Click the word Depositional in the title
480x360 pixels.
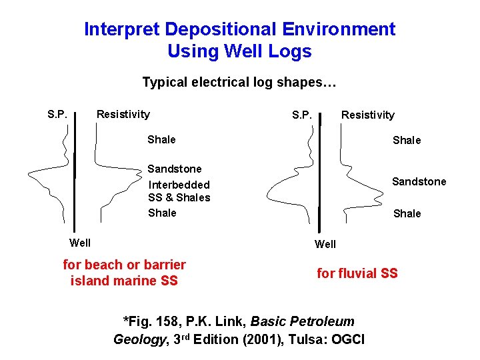[x=221, y=29]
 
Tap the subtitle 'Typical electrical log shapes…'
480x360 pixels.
[x=239, y=83]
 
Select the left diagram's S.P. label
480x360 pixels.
[x=57, y=114]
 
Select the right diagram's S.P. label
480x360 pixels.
[x=302, y=115]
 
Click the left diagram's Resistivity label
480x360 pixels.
[x=123, y=114]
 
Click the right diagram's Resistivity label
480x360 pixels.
[x=368, y=115]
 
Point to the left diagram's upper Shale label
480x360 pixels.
[x=161, y=139]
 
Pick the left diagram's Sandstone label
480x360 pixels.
[x=174, y=169]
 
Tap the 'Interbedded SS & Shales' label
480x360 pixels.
[x=179, y=191]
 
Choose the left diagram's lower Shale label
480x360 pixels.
[x=162, y=213]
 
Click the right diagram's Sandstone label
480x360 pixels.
[x=419, y=181]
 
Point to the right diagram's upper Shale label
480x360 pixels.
[x=407, y=140]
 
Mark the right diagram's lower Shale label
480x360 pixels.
[x=407, y=213]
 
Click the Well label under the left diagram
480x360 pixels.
[x=80, y=242]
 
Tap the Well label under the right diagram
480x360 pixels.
[x=325, y=244]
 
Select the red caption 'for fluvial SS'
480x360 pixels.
[x=357, y=273]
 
